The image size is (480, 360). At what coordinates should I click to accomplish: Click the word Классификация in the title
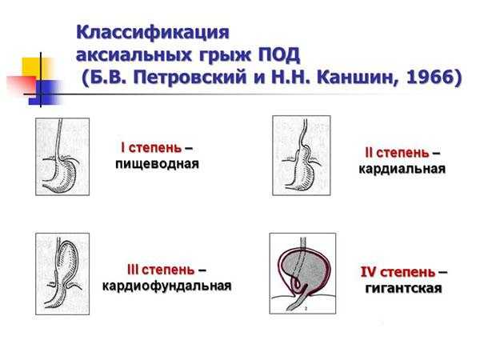(153, 32)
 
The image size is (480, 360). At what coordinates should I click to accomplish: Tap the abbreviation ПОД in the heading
(279, 55)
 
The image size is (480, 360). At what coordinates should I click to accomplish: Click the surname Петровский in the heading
(190, 77)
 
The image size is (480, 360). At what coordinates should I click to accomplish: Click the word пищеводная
(157, 164)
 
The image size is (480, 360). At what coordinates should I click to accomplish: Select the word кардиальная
(402, 169)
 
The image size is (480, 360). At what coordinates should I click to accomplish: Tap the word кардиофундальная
(167, 286)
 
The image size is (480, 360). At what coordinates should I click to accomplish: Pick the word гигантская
(403, 288)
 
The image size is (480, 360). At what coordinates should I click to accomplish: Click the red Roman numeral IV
(368, 272)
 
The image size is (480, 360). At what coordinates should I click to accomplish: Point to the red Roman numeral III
(133, 270)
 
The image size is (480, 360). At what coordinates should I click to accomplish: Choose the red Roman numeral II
(369, 153)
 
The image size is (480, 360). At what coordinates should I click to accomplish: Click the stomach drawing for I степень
(62, 157)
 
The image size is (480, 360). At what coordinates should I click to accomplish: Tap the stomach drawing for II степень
(302, 155)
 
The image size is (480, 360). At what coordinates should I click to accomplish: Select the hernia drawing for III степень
(62, 274)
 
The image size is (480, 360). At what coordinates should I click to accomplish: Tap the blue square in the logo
(46, 93)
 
